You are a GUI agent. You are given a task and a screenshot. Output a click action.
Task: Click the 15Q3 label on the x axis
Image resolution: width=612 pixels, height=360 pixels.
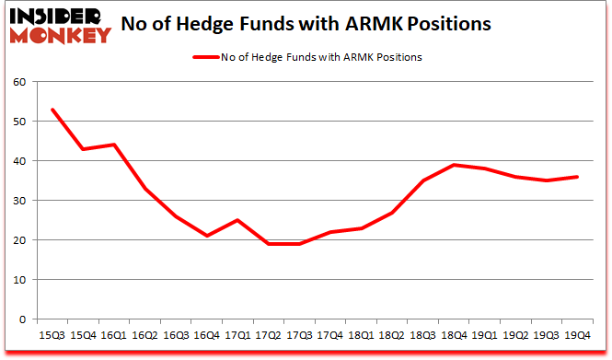coord(52,335)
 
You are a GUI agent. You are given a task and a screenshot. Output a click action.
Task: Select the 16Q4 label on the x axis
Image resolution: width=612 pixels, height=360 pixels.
coord(207,335)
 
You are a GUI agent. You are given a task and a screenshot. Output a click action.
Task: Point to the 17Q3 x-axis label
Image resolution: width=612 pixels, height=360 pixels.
coord(298,335)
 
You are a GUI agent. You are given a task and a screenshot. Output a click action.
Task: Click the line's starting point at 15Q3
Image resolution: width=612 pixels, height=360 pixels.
coord(52,110)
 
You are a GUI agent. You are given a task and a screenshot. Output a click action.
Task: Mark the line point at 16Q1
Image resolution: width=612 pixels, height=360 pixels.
coord(113,145)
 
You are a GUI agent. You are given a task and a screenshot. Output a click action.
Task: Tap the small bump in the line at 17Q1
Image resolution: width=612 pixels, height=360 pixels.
coord(237,220)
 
